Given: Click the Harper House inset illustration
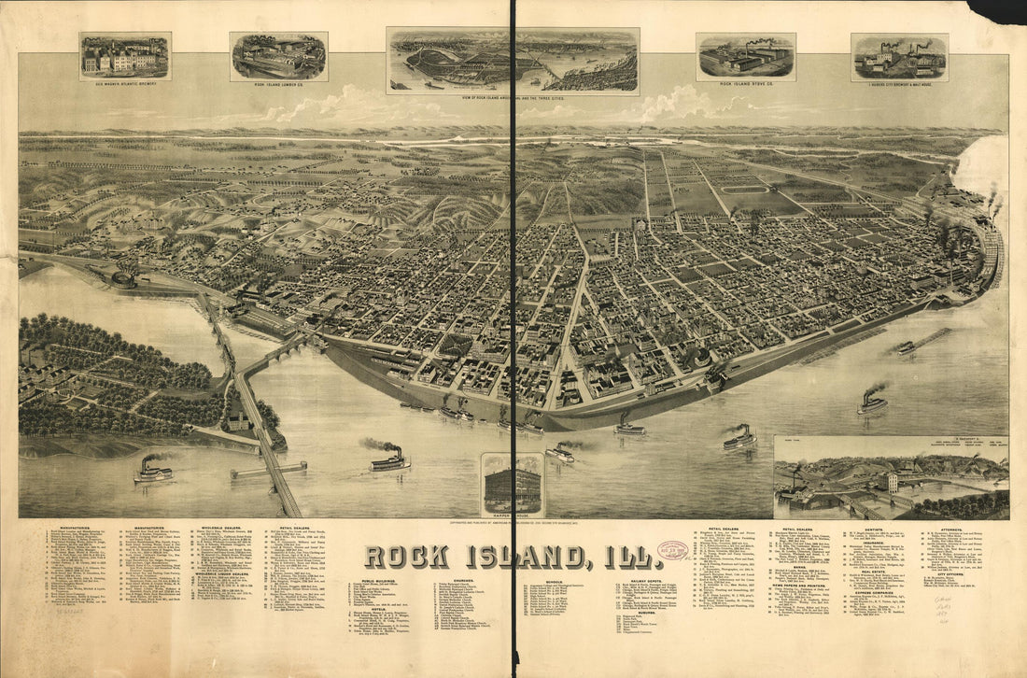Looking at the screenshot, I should (x=512, y=485).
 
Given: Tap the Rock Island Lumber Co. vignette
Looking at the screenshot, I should (x=278, y=57).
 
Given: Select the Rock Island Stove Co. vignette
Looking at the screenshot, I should (x=746, y=57).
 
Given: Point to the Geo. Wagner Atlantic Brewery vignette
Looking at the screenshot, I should (x=125, y=57).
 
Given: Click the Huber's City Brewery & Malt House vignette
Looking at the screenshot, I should (x=899, y=58).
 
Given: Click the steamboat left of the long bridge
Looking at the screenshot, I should (x=153, y=472).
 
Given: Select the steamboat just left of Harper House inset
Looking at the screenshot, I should (x=389, y=460).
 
